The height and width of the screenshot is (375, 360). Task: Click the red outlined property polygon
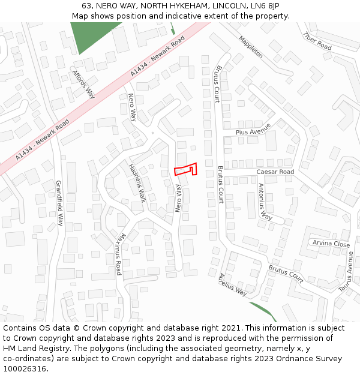(185, 169)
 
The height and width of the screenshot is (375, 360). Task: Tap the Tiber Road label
(317, 41)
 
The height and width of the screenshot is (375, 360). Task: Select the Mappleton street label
(251, 47)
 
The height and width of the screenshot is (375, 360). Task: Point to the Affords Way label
(83, 85)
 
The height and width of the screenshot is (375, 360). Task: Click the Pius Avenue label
(253, 130)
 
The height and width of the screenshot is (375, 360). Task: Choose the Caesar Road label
(275, 172)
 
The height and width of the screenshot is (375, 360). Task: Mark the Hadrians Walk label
(137, 182)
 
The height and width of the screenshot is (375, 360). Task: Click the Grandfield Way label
(59, 203)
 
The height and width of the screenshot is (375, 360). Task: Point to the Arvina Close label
(331, 244)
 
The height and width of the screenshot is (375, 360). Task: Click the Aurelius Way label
(233, 284)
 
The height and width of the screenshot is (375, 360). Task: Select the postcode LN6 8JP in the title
(264, 6)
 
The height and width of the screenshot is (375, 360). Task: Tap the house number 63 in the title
(86, 6)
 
